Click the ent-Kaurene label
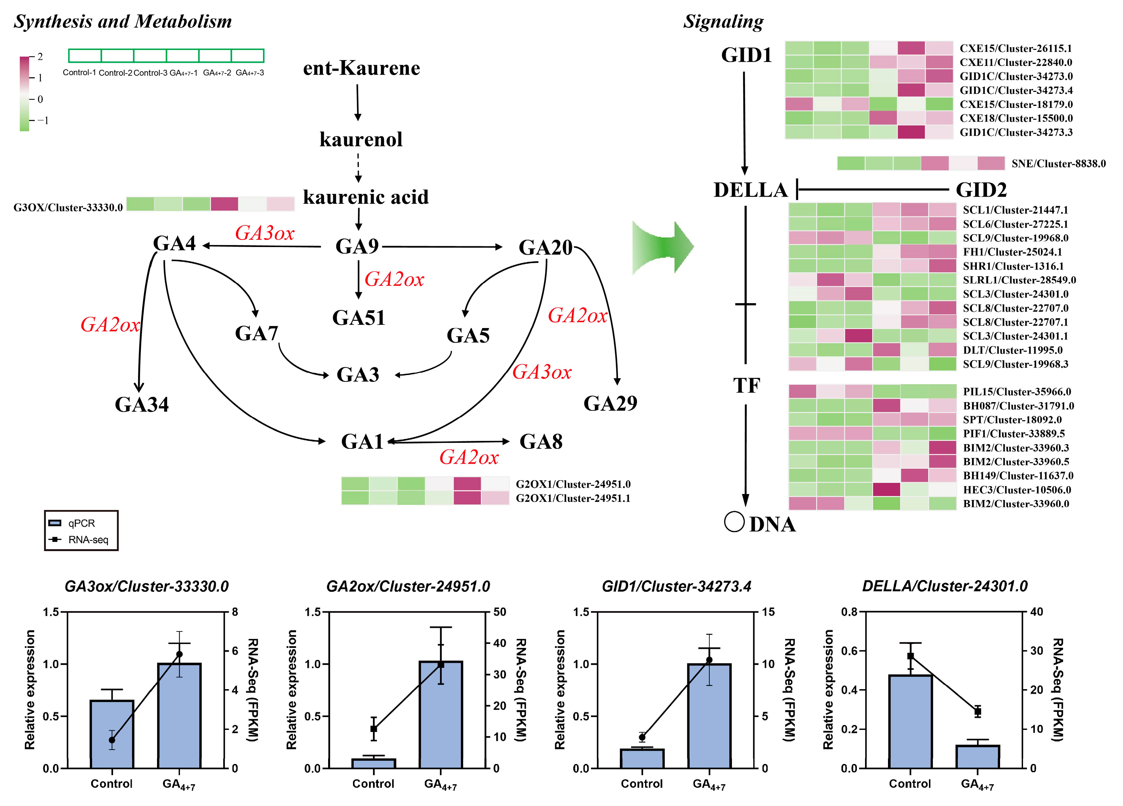pos(362,68)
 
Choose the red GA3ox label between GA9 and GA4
pos(265,233)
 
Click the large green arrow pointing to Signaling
pos(662,247)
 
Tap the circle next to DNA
pos(734,522)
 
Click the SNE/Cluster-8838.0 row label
pos(1058,163)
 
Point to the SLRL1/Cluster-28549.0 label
pos(1019,280)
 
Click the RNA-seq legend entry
pos(88,540)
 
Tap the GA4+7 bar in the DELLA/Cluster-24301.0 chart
pos(977,757)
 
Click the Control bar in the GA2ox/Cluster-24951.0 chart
pos(373,763)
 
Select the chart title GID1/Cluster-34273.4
pos(676,587)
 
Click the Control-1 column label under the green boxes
pos(79,73)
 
